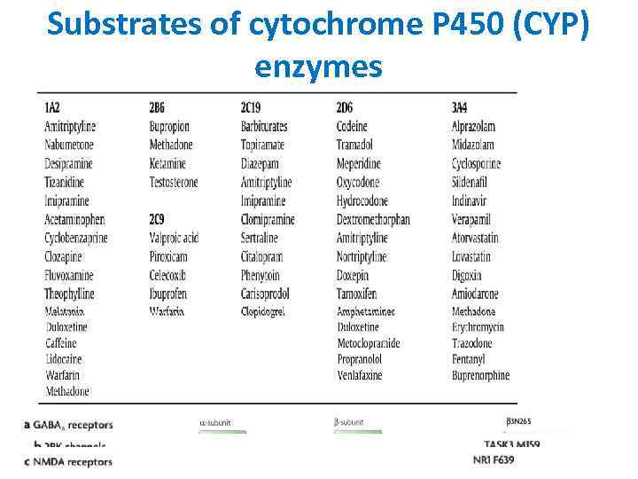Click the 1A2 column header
tap(52, 108)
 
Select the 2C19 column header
tap(253, 108)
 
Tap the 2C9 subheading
tap(157, 219)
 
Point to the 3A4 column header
tap(459, 108)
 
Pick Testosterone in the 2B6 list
tap(174, 183)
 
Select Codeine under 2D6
tap(352, 127)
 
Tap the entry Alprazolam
tap(473, 127)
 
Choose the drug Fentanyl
tap(469, 359)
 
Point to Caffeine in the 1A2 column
tap(63, 343)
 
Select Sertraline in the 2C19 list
tap(260, 239)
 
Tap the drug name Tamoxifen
tap(357, 294)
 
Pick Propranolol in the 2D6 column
tap(360, 359)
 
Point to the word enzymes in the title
tap(318, 66)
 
